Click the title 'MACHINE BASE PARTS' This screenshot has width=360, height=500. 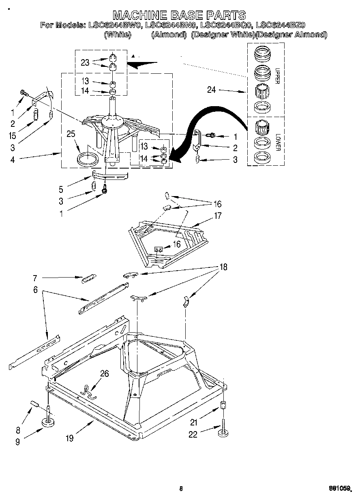tap(179, 15)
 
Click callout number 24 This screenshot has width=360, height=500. tap(211, 90)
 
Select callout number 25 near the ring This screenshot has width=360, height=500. tap(71, 134)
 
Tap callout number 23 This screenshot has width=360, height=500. tap(85, 62)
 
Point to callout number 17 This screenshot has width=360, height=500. tap(218, 216)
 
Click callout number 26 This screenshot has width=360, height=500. tap(104, 374)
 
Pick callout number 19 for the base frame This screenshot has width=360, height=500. tap(70, 438)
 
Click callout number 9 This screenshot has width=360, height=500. tap(17, 442)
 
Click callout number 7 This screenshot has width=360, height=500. tap(35, 278)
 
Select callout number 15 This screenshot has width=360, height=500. tap(13, 136)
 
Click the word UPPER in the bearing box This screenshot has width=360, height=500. tap(277, 76)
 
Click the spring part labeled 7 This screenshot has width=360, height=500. tap(88, 279)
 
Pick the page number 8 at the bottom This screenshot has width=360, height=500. tap(181, 489)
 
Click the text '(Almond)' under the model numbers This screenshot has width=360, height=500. tap(168, 35)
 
